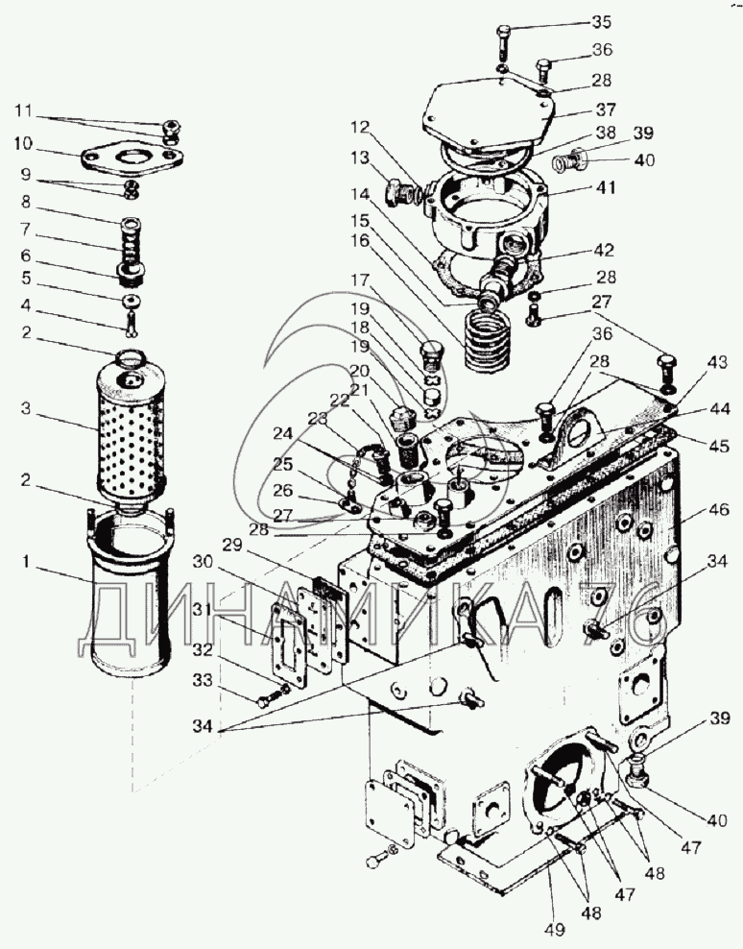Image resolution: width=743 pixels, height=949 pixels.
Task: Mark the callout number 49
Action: (555, 929)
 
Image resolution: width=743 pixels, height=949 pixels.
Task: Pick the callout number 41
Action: (603, 190)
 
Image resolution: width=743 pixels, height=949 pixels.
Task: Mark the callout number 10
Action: (23, 144)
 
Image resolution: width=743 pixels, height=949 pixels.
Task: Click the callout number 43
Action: (717, 362)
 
